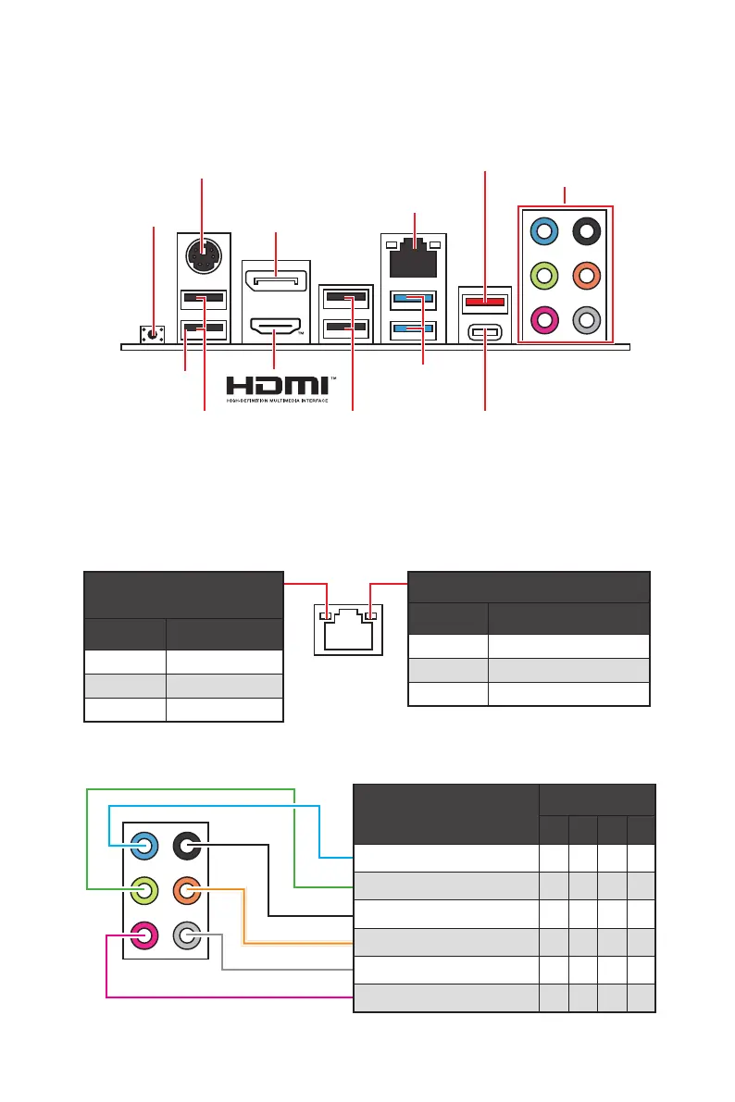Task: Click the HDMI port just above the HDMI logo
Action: pyautogui.click(x=275, y=327)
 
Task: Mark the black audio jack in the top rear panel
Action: pyautogui.click(x=585, y=229)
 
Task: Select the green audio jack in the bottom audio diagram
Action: pyautogui.click(x=144, y=892)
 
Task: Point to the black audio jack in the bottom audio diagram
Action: pyautogui.click(x=188, y=846)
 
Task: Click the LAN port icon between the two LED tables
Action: pyautogui.click(x=347, y=633)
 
